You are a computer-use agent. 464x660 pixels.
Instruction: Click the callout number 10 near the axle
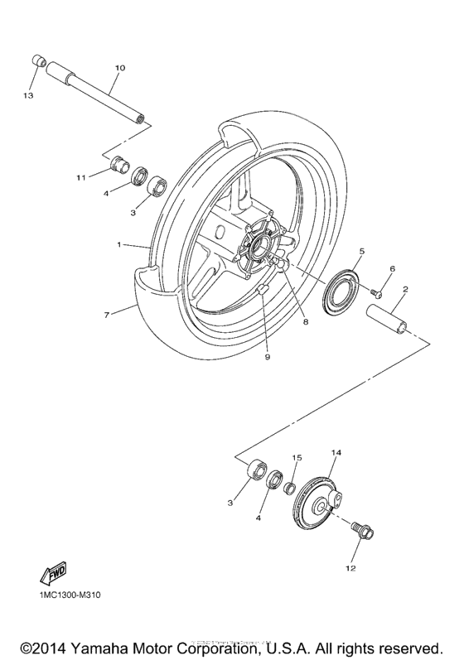coord(118,66)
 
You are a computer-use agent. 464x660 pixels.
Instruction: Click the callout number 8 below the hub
coord(306,321)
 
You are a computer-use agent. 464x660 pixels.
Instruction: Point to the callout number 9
coord(266,357)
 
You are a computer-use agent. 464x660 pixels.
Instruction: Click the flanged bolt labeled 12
coord(363,531)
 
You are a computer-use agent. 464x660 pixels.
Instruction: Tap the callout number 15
coord(296,457)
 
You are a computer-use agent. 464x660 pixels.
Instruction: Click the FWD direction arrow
coord(53,572)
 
